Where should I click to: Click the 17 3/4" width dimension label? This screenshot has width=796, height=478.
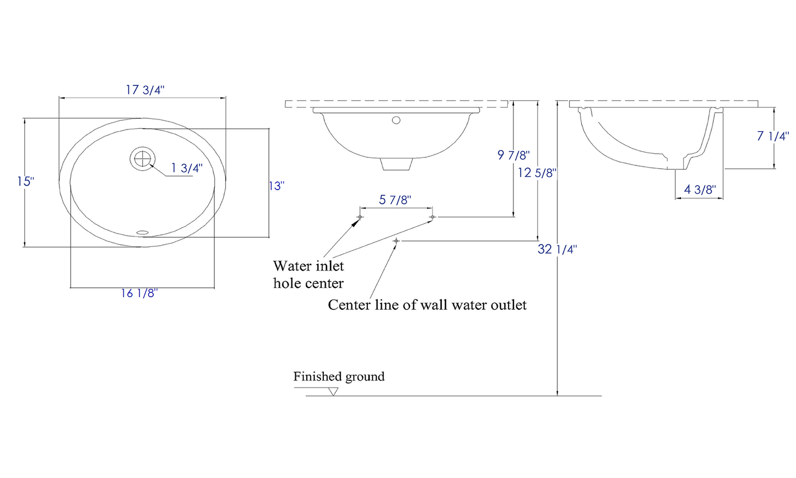[x=145, y=90]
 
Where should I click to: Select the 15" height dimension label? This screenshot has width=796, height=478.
[x=25, y=181]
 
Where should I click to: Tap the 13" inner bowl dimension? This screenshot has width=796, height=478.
[x=276, y=186]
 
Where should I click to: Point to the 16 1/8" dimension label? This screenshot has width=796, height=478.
[x=139, y=293]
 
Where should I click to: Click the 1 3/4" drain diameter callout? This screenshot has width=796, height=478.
[x=187, y=168]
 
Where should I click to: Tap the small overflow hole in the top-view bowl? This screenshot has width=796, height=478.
[x=143, y=232]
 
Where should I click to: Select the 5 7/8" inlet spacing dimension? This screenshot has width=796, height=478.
[x=395, y=200]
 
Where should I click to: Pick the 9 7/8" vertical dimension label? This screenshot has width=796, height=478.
[x=513, y=155]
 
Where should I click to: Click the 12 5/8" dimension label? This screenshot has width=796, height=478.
[x=537, y=173]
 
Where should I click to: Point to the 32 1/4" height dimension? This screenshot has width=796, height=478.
[x=557, y=249]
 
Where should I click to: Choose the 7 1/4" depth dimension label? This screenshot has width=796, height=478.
[x=773, y=136]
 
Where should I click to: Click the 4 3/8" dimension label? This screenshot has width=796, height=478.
[x=700, y=190]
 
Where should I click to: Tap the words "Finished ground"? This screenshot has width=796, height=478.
[x=339, y=377]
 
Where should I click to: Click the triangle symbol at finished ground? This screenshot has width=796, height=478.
[x=333, y=391]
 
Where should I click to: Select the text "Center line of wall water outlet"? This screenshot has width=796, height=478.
[x=427, y=305]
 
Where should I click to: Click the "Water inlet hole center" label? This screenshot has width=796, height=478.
[x=308, y=275]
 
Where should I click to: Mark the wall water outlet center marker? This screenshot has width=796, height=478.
[x=396, y=241]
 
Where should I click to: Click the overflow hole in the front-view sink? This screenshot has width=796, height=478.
[x=396, y=120]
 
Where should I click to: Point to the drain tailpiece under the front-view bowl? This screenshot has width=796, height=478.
[x=397, y=164]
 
